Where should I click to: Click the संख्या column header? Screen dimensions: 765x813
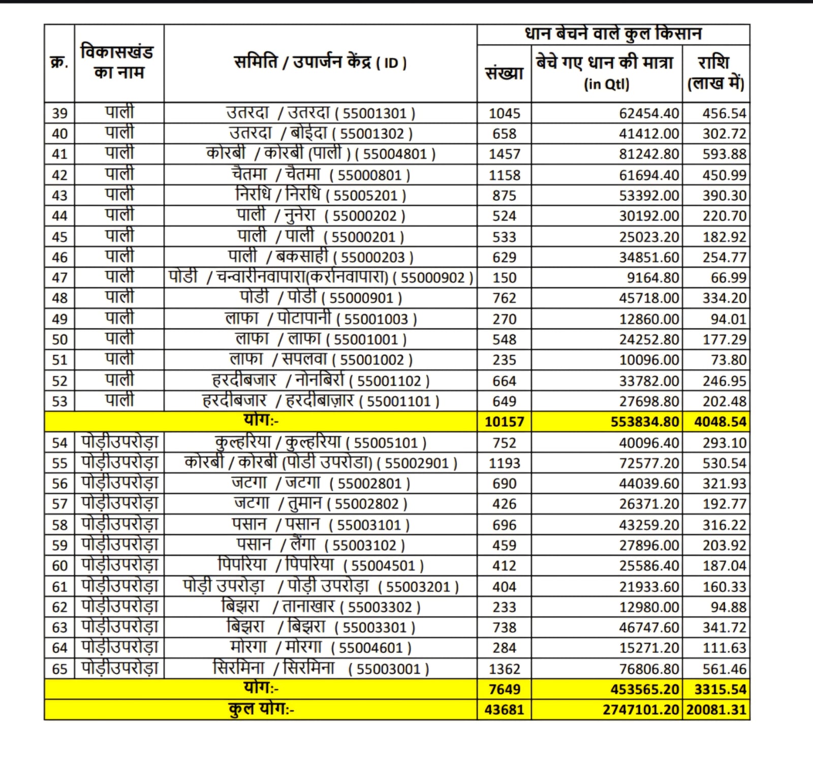coord(504,74)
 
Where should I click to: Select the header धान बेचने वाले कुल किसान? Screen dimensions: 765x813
coord(613,34)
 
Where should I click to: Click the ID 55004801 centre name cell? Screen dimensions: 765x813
coord(321,153)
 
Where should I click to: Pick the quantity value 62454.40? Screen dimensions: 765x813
coord(648,113)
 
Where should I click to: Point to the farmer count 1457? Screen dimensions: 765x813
coord(504,154)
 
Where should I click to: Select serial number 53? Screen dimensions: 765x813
coord(59,401)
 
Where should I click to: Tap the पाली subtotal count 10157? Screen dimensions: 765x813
coord(504,422)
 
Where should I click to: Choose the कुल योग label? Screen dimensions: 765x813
coord(261,710)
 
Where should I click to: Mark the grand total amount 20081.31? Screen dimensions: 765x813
coord(716,710)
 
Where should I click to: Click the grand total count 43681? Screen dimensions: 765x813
coord(504,710)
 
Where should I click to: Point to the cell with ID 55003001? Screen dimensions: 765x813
coord(321,668)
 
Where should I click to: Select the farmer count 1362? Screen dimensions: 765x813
coord(504,669)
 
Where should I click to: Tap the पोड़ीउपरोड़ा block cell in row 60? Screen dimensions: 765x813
coord(119,565)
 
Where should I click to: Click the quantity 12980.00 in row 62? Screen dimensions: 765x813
coord(648,607)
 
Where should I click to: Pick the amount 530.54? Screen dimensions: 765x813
coord(724,463)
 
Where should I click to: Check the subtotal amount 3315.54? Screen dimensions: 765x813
coord(720,689)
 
